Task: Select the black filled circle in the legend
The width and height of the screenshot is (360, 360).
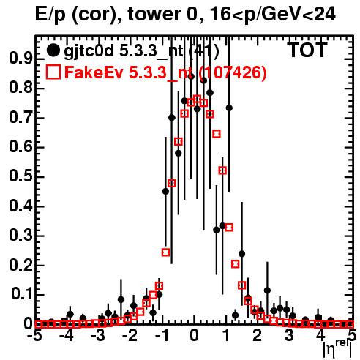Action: point(53,50)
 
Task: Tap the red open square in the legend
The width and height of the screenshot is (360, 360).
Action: point(53,72)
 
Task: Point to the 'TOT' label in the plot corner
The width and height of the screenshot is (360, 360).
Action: point(308,50)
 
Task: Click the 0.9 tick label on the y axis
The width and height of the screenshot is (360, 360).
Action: point(20,59)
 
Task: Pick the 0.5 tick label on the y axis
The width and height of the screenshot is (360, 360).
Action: point(20,177)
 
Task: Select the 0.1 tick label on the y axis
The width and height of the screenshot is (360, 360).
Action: point(21,294)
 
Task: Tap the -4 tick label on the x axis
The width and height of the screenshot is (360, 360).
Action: point(67,336)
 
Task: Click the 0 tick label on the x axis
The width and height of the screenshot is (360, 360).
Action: point(194,336)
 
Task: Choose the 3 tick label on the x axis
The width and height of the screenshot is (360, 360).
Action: point(289,336)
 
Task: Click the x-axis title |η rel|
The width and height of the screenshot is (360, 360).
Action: point(337,348)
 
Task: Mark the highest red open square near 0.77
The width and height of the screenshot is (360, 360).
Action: point(198,99)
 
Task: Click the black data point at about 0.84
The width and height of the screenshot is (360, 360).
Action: point(191,77)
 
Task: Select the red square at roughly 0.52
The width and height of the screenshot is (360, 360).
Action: point(222,170)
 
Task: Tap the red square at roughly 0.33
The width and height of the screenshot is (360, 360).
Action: point(229,228)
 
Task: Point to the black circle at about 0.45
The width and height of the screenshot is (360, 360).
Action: point(165,192)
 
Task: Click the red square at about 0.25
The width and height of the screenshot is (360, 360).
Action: point(165,252)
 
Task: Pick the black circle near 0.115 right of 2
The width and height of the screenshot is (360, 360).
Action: point(267,290)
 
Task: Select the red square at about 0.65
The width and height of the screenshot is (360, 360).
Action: point(217,134)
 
